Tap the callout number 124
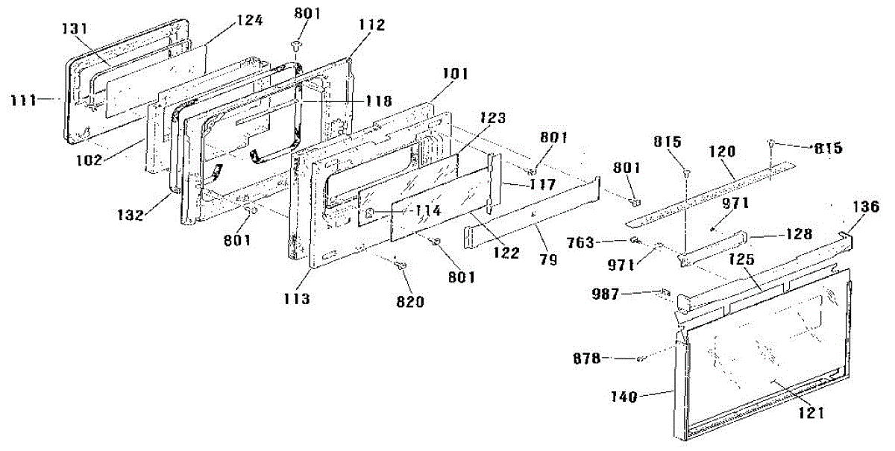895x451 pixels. tap(249, 21)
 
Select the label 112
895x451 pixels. tap(371, 25)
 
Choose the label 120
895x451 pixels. tap(722, 151)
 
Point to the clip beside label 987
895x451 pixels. tap(665, 293)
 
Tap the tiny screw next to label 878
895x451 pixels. tap(641, 361)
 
